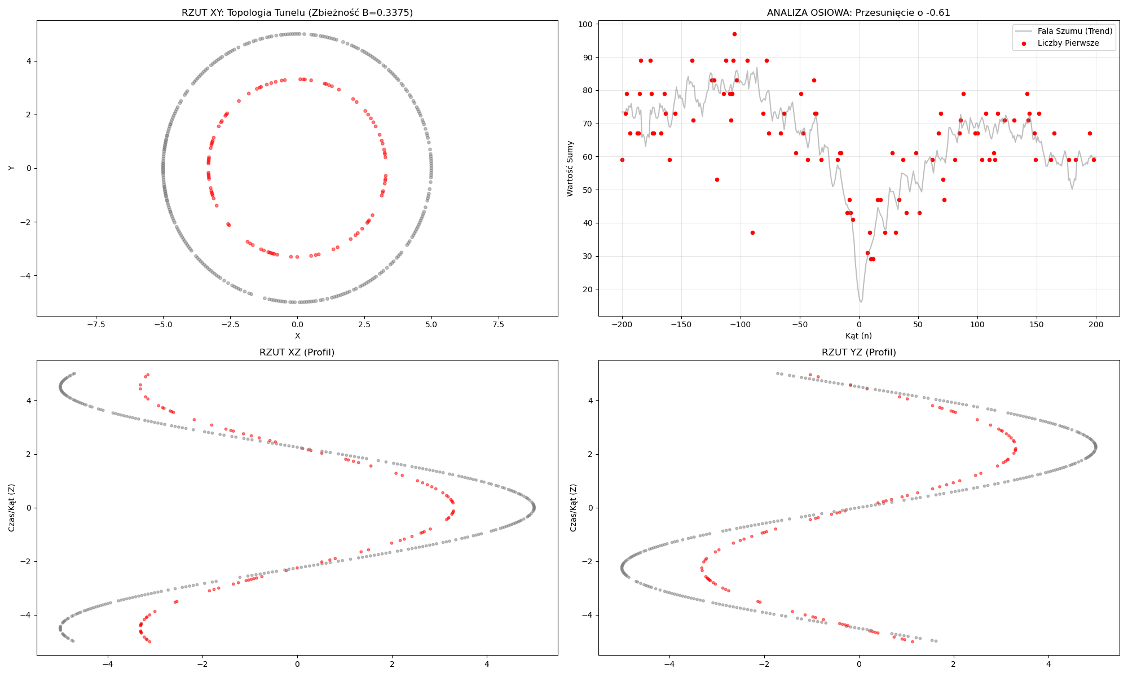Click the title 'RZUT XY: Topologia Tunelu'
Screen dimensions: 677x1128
297,12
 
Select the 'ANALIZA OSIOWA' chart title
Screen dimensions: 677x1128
858,12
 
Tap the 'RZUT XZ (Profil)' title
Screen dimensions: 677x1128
297,352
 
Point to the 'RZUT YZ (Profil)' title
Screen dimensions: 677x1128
858,352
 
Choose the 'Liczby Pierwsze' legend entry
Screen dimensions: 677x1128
1068,43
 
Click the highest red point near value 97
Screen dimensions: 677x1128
734,34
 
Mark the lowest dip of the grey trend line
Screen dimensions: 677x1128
861,302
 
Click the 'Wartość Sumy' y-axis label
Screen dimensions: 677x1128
570,168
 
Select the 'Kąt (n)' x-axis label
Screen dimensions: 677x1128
858,336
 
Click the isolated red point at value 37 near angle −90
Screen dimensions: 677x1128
752,232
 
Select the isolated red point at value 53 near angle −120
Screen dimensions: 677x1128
717,179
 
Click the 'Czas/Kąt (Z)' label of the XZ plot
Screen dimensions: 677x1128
11,507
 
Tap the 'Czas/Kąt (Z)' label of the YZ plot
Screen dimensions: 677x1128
573,507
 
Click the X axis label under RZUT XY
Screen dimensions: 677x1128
297,336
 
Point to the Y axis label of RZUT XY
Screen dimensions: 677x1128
11,168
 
